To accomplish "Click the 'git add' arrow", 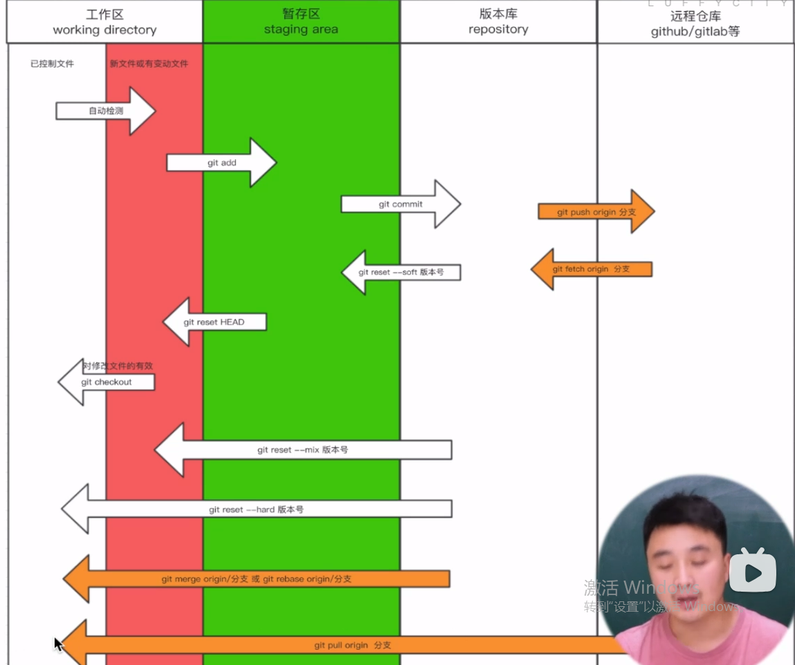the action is [x=221, y=163].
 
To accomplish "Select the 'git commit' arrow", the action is [x=400, y=204].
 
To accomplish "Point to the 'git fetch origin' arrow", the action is [x=591, y=269].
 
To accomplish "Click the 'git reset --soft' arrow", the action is [x=401, y=273].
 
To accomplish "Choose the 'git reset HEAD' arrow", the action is [x=214, y=322].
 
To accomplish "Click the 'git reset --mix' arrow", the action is [x=302, y=450].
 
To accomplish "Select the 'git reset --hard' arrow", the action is [x=256, y=509].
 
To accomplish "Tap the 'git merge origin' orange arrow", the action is [x=256, y=579].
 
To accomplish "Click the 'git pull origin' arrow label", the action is [x=352, y=645].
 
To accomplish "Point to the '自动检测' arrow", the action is [x=106, y=111].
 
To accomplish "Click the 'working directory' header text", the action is [x=104, y=30].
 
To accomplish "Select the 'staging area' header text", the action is [x=301, y=30].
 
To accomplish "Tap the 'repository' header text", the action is [x=498, y=30].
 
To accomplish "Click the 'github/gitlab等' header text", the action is [x=695, y=32].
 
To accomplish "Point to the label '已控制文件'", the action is [x=52, y=64].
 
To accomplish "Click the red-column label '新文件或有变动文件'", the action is [x=149, y=64].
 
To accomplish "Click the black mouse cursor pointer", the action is [x=58, y=644].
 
